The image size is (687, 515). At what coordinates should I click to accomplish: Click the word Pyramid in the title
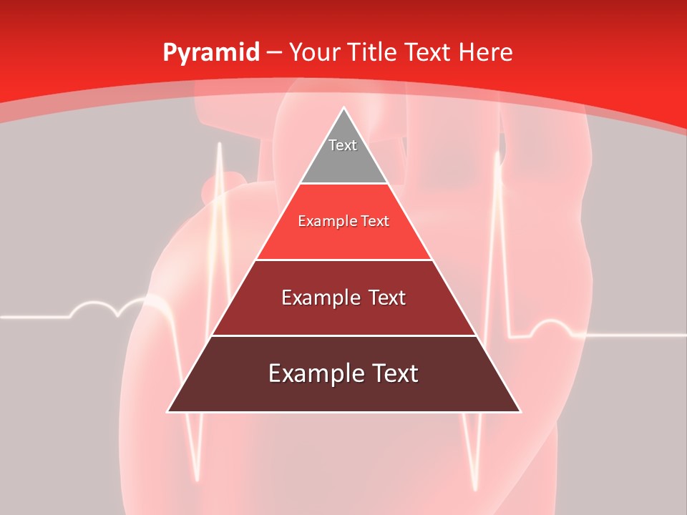click(x=210, y=53)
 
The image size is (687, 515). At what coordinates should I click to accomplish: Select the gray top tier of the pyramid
click(x=343, y=161)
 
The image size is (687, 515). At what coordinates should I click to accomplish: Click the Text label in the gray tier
click(x=343, y=145)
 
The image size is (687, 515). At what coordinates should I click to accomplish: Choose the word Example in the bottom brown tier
click(x=313, y=373)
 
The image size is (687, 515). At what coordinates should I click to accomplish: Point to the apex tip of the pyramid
click(x=343, y=108)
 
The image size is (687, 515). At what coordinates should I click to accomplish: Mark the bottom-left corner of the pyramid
click(x=168, y=411)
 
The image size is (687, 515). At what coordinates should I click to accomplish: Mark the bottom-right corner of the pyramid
click(x=520, y=411)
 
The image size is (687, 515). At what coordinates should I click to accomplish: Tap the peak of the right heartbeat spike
click(x=497, y=152)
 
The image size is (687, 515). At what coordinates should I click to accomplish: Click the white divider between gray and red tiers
click(x=343, y=184)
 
